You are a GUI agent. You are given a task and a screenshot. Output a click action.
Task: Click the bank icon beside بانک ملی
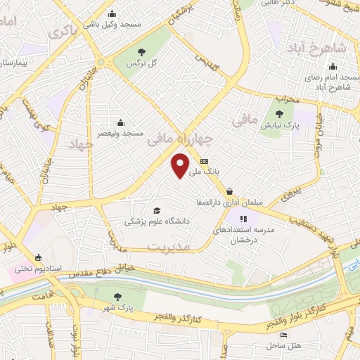click(204, 162)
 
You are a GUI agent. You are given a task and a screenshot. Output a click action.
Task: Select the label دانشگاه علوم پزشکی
click(148, 221)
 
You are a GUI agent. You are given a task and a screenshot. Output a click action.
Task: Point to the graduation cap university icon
click(156, 210)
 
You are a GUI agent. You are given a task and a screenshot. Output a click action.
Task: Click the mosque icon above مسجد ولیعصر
click(120, 122)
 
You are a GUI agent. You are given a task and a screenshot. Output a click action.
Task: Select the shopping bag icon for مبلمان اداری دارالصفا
click(230, 191)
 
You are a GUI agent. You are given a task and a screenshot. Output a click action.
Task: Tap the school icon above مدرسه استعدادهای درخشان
click(244, 219)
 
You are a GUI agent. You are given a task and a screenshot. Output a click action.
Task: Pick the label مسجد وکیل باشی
click(111, 23)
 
